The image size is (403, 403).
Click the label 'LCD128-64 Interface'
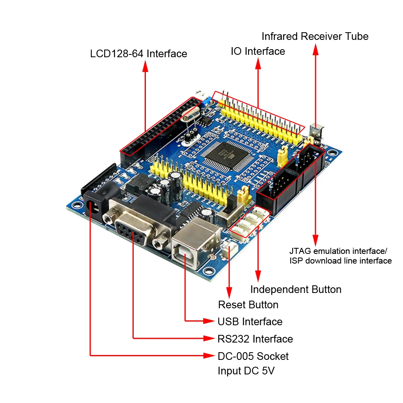pos(139,54)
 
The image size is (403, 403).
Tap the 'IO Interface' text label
pos(258,51)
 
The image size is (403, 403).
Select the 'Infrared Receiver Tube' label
pos(315,36)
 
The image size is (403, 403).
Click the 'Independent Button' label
pos(295,289)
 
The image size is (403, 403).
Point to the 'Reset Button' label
pos(248,305)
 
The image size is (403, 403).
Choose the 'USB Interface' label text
pos(250,322)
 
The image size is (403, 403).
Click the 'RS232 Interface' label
pos(255,339)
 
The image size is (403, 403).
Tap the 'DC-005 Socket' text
pos(253,356)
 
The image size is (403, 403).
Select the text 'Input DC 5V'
pos(246,371)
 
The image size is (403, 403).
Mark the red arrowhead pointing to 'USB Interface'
pos(209,321)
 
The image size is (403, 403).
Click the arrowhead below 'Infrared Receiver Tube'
pos(316,49)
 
